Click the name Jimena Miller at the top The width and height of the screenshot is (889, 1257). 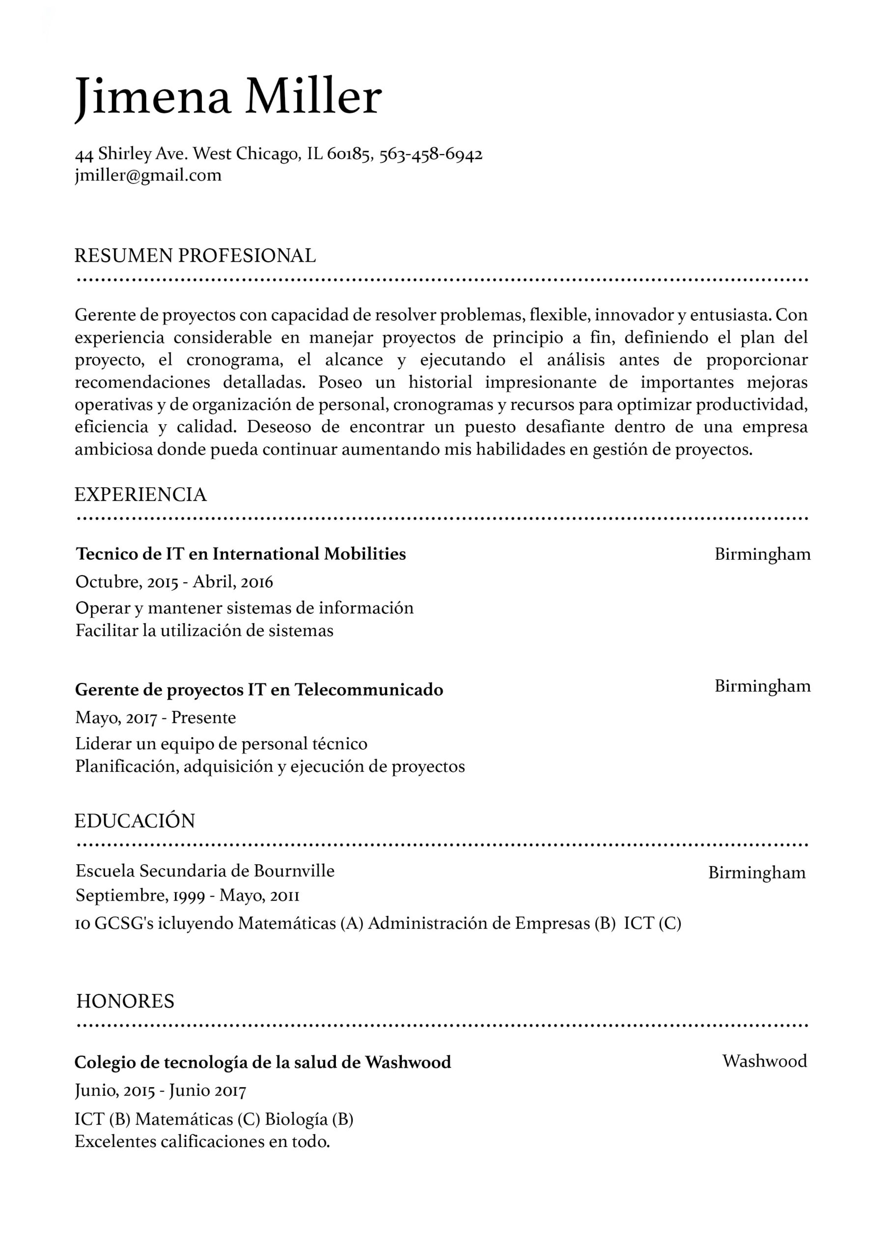(x=228, y=97)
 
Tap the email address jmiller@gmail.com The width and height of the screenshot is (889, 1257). (x=148, y=175)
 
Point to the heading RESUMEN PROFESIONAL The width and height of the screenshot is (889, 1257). (x=195, y=256)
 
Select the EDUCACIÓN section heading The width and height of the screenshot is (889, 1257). (x=135, y=820)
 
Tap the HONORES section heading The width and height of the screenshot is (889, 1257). (x=125, y=1001)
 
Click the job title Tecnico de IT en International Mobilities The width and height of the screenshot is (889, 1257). (x=241, y=554)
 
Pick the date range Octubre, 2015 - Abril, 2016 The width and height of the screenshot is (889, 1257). (x=174, y=581)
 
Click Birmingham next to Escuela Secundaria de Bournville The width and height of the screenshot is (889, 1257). (x=756, y=872)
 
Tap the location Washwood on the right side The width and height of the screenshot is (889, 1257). (x=764, y=1061)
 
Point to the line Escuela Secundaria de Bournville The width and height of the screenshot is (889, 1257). (x=205, y=871)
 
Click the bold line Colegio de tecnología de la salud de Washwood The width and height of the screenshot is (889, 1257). (x=262, y=1062)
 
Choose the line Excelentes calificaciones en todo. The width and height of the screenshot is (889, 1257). (x=202, y=1142)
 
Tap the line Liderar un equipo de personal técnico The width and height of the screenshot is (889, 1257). (x=222, y=743)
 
